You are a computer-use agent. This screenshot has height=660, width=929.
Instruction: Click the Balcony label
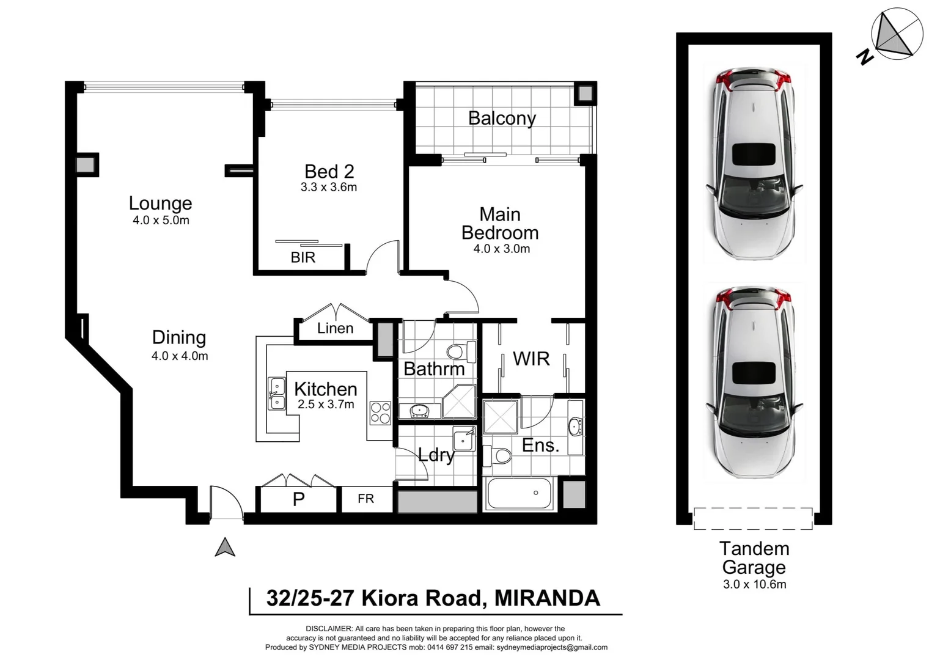tap(502, 118)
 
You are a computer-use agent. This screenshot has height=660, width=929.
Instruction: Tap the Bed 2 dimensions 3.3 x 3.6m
tap(329, 188)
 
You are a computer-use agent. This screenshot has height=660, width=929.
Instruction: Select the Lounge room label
tap(160, 203)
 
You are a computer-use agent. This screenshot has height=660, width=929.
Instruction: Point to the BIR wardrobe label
tap(303, 258)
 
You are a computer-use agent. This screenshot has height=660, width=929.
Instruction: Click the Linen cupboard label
tap(335, 329)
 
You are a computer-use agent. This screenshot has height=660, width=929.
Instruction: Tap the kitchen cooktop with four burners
tap(380, 413)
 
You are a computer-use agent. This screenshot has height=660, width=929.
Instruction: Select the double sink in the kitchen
tap(277, 394)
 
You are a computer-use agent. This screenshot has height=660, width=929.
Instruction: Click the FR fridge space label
tap(365, 499)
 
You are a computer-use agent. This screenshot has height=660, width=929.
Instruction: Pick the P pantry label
tap(298, 500)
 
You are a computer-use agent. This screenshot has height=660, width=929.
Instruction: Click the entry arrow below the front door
tap(225, 547)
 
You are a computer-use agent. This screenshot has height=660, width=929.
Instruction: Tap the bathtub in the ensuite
tap(520, 493)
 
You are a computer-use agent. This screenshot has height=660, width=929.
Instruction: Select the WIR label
tap(531, 359)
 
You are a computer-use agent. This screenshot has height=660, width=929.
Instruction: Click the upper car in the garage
tap(754, 164)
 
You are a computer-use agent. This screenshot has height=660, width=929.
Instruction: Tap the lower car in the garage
tap(754, 382)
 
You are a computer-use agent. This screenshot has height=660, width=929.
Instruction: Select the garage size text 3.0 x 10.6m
tap(754, 584)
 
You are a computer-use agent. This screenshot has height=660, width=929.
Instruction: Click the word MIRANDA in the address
tap(547, 598)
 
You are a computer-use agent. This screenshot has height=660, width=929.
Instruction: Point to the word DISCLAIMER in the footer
tap(329, 629)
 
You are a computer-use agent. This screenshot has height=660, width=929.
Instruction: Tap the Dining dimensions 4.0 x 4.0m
tap(180, 356)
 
